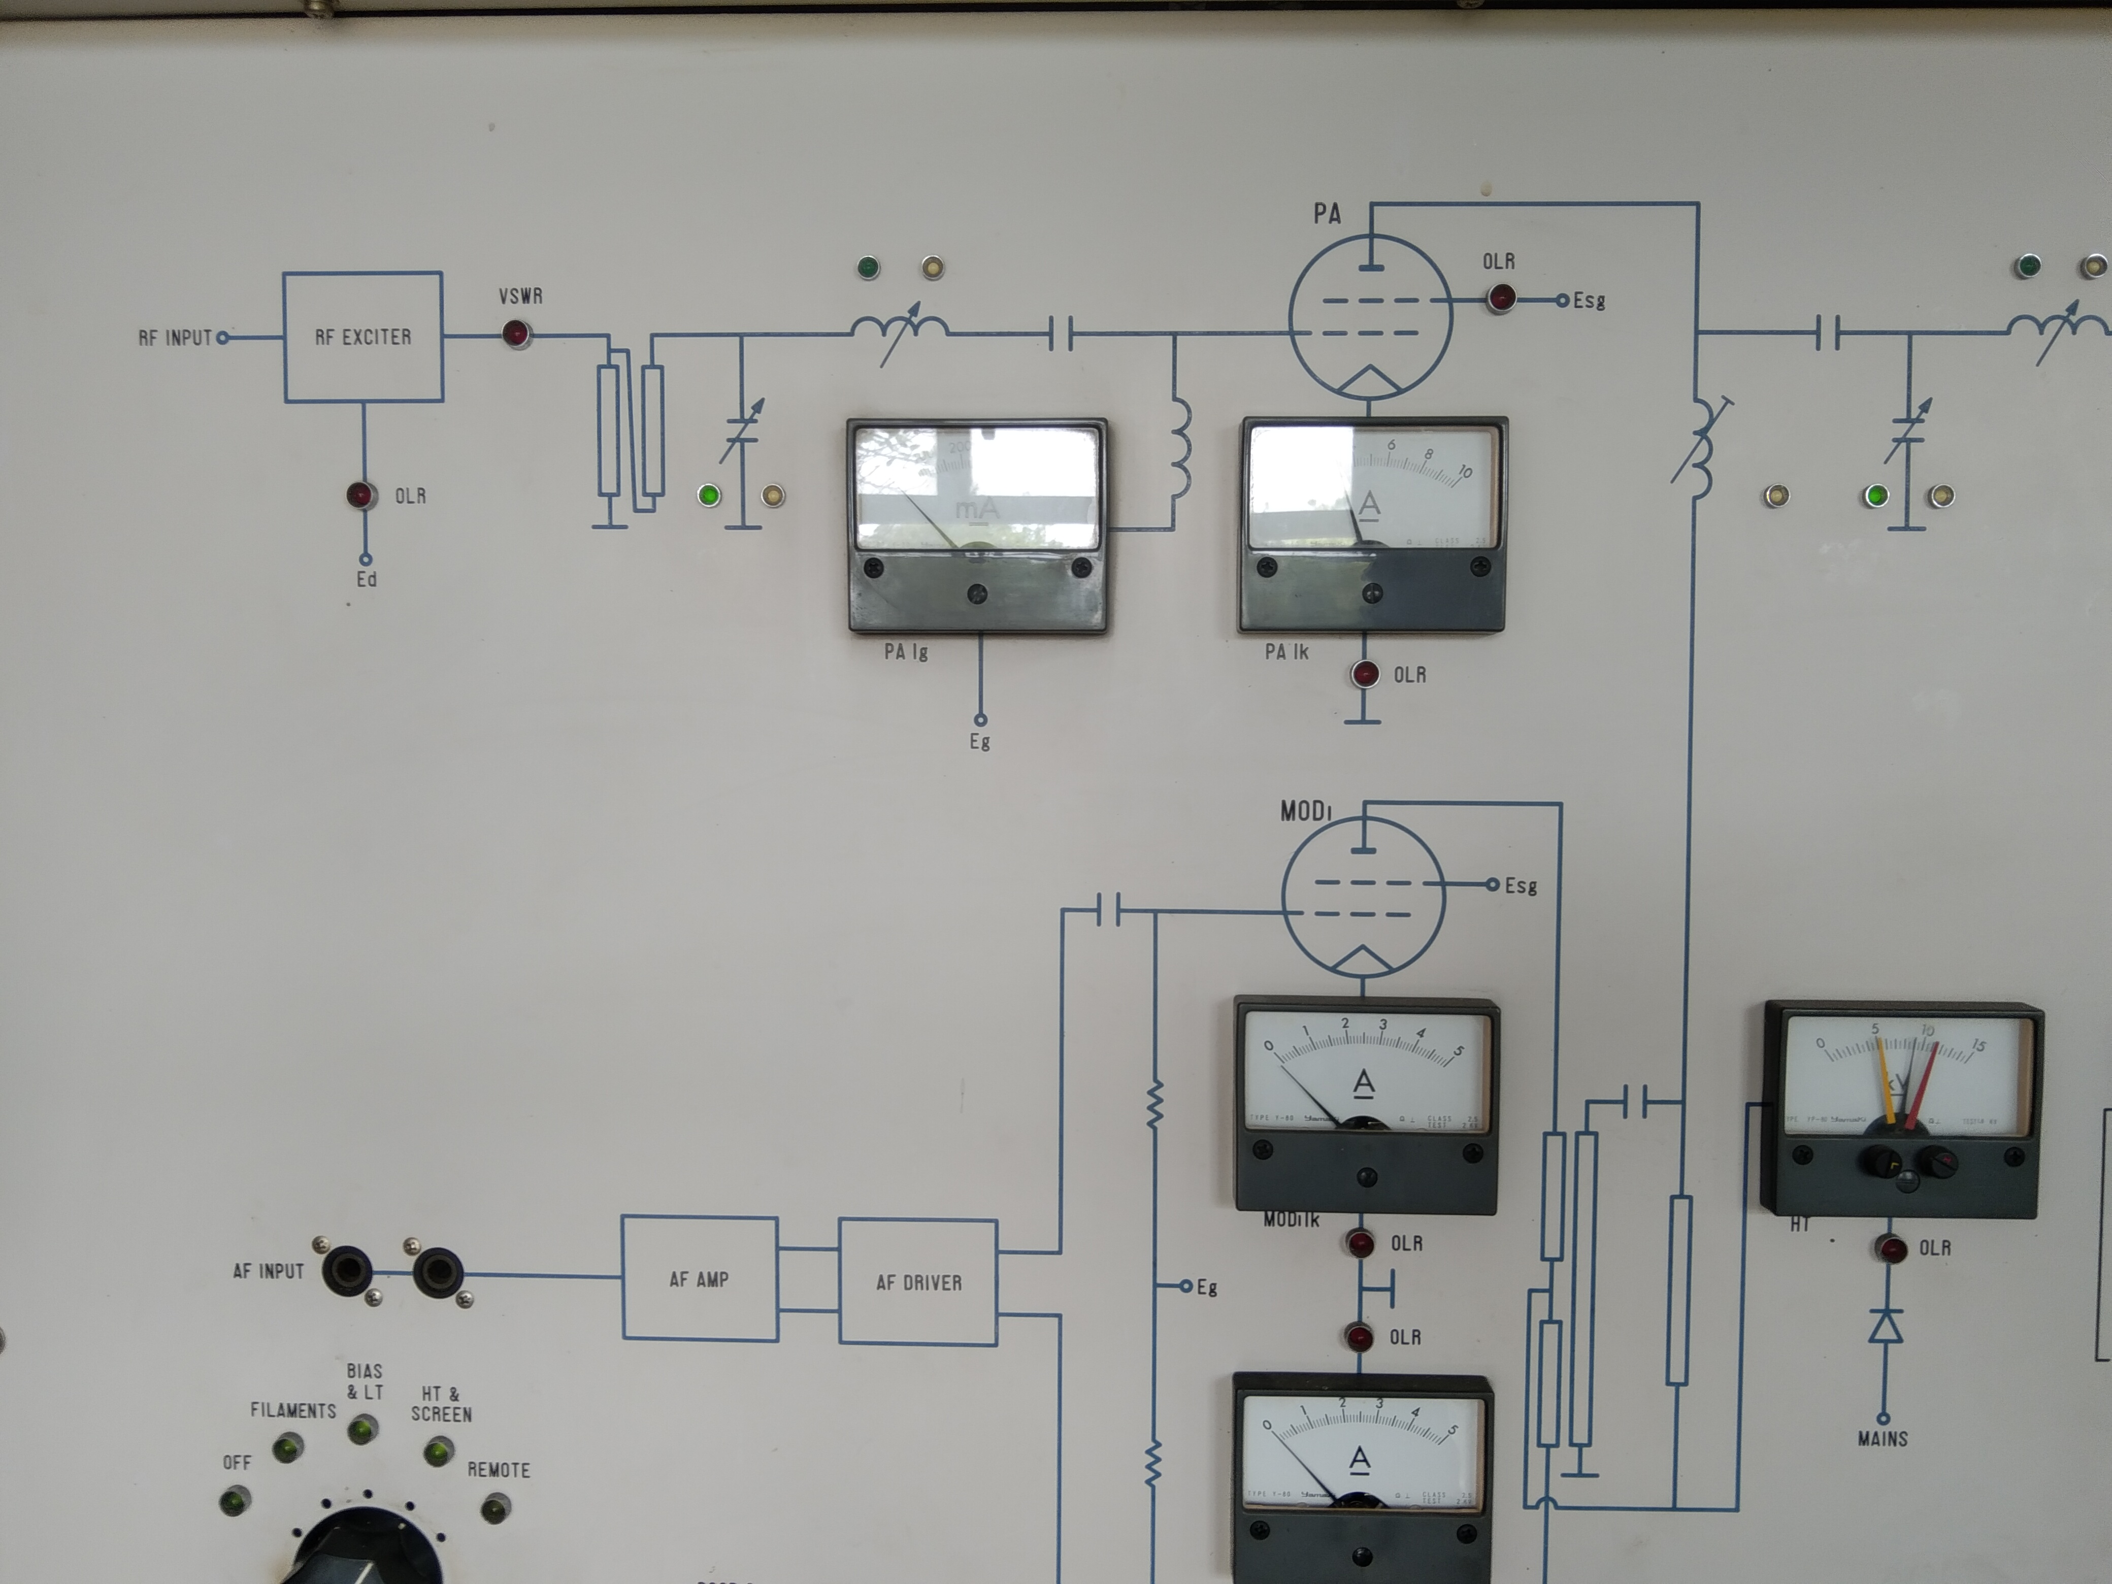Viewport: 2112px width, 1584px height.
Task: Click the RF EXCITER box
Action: tap(363, 337)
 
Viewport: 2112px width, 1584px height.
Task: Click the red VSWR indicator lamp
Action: tap(516, 334)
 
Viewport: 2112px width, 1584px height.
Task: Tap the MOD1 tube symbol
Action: tap(1363, 898)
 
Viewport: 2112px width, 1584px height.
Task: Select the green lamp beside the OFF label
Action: tap(234, 1502)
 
